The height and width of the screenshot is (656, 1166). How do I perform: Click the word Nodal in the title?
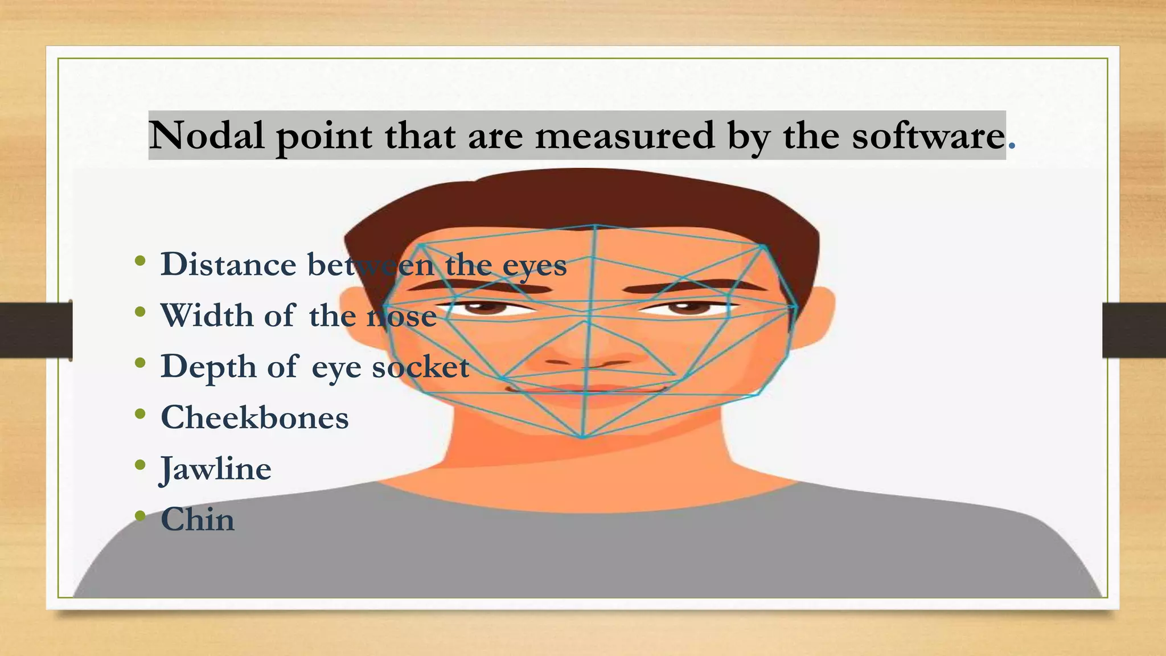[x=206, y=136]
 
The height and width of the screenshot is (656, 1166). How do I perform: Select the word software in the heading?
[x=928, y=136]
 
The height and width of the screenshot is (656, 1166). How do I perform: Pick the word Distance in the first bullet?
[x=228, y=264]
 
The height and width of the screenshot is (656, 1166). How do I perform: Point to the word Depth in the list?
[x=208, y=366]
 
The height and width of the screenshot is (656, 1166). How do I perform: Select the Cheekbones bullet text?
[x=254, y=417]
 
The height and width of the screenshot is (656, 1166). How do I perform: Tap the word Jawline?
[x=216, y=469]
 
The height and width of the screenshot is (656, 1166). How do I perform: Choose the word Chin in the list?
[x=198, y=519]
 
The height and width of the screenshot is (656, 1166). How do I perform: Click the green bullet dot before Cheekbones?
[x=140, y=414]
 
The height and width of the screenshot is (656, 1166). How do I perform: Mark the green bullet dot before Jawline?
[x=140, y=465]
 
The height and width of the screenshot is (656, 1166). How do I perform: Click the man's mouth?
[x=586, y=390]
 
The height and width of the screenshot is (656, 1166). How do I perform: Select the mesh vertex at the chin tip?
[x=582, y=437]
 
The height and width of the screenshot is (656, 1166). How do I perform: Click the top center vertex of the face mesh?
[x=595, y=226]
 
